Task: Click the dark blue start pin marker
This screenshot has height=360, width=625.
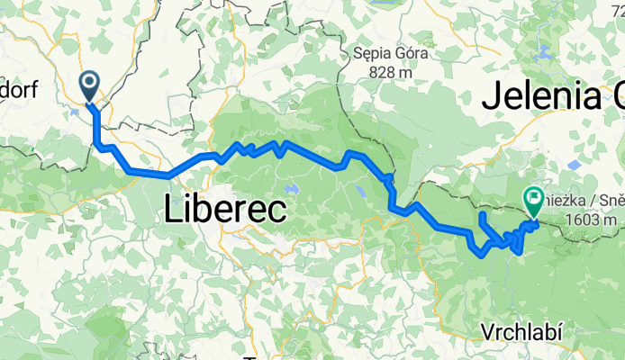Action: tap(91, 86)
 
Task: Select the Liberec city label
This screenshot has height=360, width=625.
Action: tap(225, 211)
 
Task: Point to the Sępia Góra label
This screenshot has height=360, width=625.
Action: tap(390, 54)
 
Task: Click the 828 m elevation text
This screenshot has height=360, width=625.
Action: tap(389, 72)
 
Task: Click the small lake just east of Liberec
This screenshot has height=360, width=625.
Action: tap(290, 189)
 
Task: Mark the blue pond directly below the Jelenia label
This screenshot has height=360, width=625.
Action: tap(574, 165)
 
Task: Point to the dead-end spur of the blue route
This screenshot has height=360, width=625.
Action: tap(482, 217)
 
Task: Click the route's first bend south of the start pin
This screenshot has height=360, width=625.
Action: tap(96, 142)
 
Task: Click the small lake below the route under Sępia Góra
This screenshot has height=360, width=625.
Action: tap(361, 191)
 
